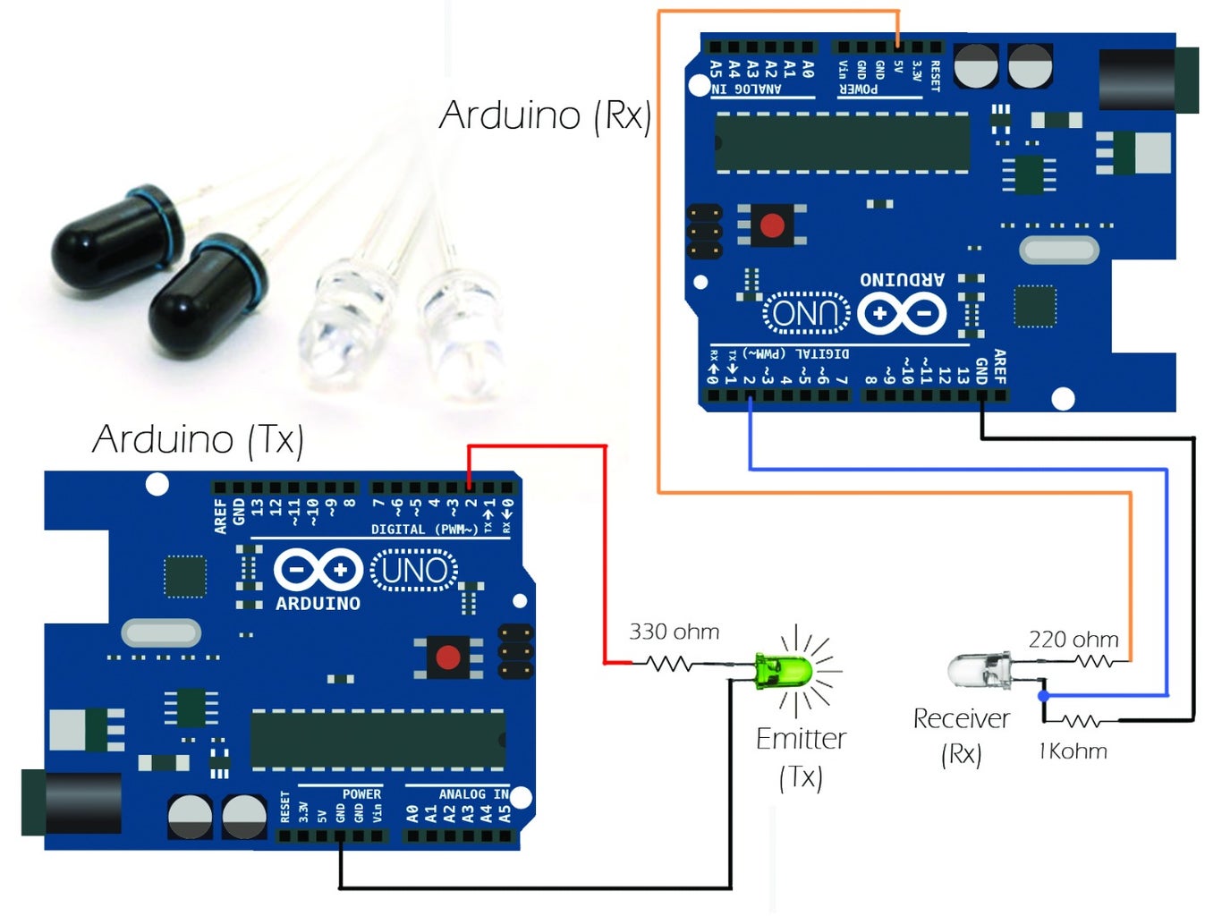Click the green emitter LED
point(781,671)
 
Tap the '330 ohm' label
point(674,632)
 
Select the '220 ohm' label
point(1073,640)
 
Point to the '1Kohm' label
point(1073,751)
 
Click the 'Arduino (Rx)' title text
point(545,115)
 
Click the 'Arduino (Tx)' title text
point(198,439)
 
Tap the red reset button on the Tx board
point(447,657)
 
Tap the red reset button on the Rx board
point(771,224)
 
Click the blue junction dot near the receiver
point(1043,695)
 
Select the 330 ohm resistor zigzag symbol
point(669,664)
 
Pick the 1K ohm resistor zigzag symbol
point(1082,720)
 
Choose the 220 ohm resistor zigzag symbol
point(1094,662)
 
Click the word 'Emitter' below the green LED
point(801,739)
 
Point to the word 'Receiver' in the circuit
point(961,719)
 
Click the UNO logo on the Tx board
point(414,571)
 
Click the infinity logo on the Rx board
point(901,313)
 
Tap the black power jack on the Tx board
point(72,802)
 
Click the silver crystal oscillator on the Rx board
point(1058,250)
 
